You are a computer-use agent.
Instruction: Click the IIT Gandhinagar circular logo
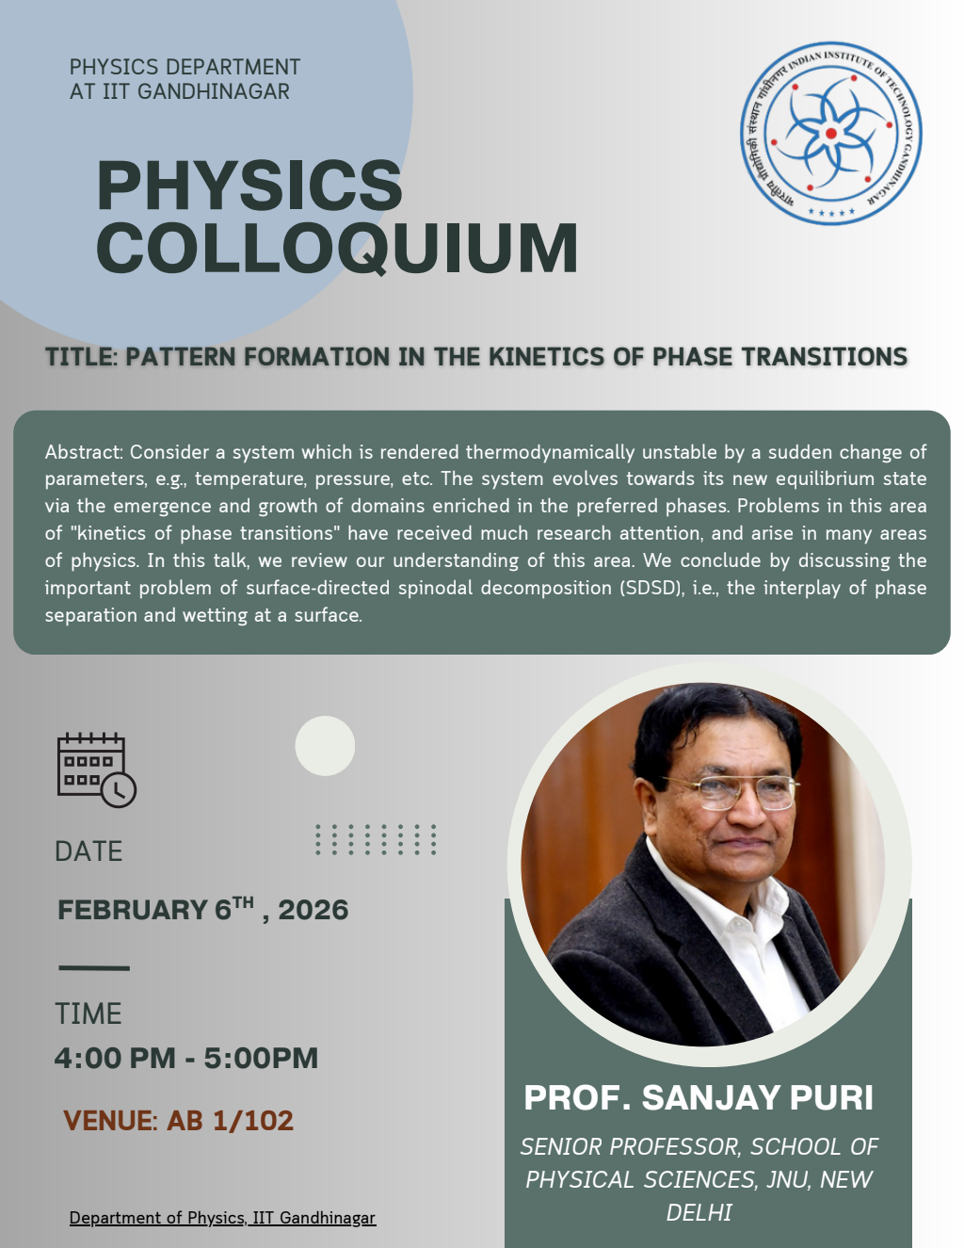pyautogui.click(x=830, y=134)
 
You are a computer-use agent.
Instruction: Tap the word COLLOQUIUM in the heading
pyautogui.click(x=337, y=249)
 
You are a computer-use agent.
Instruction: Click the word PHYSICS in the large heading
pyautogui.click(x=249, y=185)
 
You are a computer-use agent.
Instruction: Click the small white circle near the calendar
pyautogui.click(x=325, y=746)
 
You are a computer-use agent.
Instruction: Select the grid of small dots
pyautogui.click(x=376, y=839)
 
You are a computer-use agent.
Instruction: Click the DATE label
pyautogui.click(x=88, y=851)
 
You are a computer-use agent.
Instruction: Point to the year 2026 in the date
pyautogui.click(x=313, y=910)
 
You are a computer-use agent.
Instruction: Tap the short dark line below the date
pyautogui.click(x=94, y=967)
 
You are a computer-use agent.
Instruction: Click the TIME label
pyautogui.click(x=88, y=1013)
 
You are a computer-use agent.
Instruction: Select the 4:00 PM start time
pyautogui.click(x=114, y=1058)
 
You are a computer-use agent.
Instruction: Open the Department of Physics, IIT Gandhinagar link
pyautogui.click(x=222, y=1218)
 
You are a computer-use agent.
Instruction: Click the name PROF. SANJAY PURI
pyautogui.click(x=699, y=1097)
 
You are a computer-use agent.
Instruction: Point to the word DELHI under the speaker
pyautogui.click(x=699, y=1212)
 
